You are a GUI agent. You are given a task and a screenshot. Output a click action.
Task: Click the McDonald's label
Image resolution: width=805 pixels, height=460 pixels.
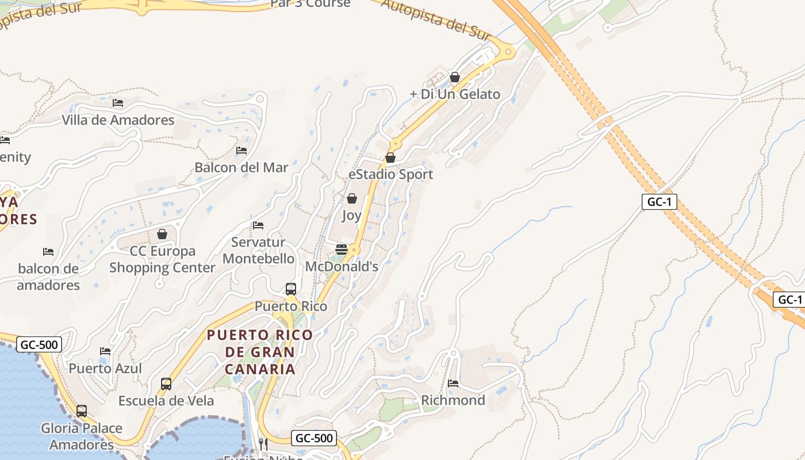click(x=342, y=267)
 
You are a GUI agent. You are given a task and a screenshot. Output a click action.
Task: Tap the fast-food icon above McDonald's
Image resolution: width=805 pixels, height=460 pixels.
click(x=342, y=249)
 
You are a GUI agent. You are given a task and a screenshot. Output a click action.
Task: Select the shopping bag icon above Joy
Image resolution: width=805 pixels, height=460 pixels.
click(x=352, y=198)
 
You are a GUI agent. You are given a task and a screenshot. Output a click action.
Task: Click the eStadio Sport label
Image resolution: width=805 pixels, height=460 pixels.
click(x=391, y=174)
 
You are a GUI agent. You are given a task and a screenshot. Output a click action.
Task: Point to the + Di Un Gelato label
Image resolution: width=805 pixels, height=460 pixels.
click(x=455, y=94)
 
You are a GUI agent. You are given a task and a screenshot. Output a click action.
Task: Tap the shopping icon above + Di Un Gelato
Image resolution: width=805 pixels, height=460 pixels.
click(x=455, y=76)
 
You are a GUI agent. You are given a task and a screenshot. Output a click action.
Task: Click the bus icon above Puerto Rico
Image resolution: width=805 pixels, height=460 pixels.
click(x=291, y=289)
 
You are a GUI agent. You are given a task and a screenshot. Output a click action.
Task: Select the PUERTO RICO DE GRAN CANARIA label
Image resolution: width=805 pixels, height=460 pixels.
click(x=260, y=351)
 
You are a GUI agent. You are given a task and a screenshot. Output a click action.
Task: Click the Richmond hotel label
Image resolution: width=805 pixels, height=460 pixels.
click(x=453, y=400)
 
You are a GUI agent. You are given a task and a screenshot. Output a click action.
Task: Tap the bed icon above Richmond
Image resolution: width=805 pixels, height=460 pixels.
click(x=453, y=383)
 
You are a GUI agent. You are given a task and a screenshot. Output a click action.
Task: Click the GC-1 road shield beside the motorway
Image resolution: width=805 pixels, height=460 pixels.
click(x=660, y=202)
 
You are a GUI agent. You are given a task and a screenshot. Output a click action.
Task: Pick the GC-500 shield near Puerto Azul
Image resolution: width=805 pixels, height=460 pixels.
click(x=39, y=345)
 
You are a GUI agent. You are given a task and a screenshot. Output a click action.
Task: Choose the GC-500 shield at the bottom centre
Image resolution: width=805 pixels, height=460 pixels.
click(x=314, y=438)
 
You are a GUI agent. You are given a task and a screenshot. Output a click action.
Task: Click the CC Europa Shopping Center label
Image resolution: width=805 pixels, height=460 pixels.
click(x=162, y=259)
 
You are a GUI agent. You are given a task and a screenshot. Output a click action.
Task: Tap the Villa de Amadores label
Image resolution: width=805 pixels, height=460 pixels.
click(x=118, y=120)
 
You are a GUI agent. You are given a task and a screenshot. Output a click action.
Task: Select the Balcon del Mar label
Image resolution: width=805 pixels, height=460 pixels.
click(x=241, y=167)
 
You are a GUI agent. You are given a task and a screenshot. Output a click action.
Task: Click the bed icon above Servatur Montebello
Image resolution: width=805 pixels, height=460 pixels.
click(x=258, y=225)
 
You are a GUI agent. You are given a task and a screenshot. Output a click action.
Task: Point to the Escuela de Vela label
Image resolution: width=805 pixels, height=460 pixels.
click(x=166, y=401)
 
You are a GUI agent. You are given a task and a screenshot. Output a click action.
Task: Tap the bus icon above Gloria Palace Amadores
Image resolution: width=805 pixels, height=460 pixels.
click(x=82, y=411)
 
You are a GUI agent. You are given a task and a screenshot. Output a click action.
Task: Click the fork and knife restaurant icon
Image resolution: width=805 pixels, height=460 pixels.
click(x=263, y=443)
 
